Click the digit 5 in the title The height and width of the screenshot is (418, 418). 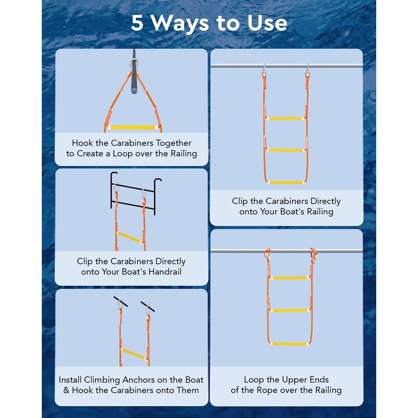coord(137,22)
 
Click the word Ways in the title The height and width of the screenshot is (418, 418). coord(180,24)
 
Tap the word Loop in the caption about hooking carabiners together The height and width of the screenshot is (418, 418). coord(123,154)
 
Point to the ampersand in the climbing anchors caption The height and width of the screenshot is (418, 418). coord(66,390)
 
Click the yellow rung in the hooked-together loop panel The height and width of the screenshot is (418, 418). coord(133,127)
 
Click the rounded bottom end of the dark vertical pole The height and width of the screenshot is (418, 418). coord(134,91)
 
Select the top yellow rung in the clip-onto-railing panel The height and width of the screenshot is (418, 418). coord(285,119)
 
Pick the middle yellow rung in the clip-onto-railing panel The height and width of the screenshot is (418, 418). coord(285,150)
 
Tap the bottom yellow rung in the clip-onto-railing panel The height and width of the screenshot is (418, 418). coord(285,182)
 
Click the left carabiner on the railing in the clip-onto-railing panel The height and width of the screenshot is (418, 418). coord(264,70)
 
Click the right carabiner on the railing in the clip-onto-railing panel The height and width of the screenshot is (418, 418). coord(307,70)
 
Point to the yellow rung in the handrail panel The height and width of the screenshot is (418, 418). coord(130,237)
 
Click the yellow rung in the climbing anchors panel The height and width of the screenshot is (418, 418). coord(133,354)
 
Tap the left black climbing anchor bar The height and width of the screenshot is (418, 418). coord(121,301)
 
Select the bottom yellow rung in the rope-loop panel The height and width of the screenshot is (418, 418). coord(289,344)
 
